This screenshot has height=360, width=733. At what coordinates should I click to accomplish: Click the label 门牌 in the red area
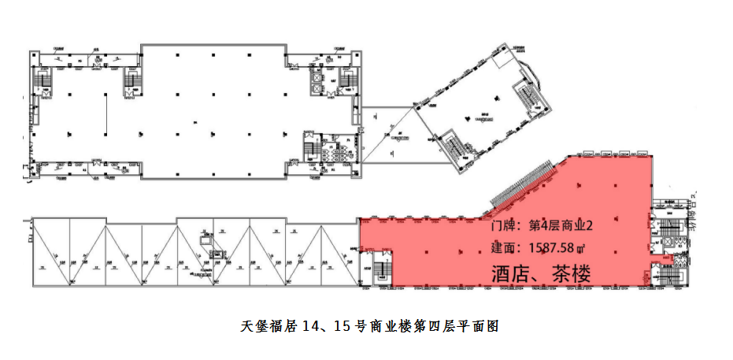pos(505,226)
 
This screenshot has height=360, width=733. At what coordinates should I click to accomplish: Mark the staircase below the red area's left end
pos(378,271)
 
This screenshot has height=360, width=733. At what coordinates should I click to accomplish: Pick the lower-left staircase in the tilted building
pos(454,146)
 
